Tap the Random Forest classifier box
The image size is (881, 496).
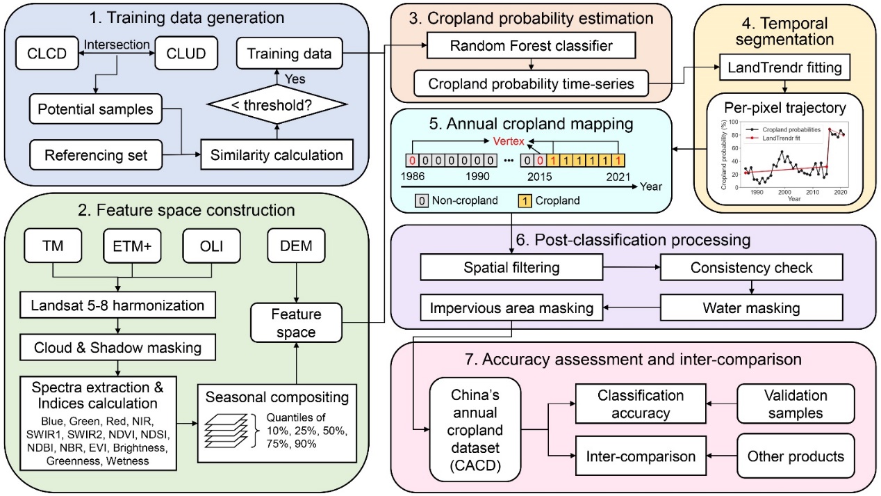[x=529, y=47]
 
